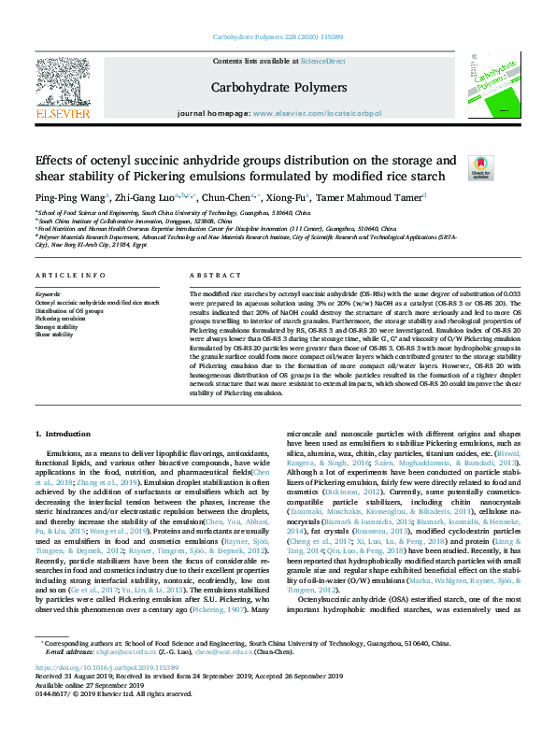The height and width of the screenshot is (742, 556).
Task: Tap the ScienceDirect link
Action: point(322,61)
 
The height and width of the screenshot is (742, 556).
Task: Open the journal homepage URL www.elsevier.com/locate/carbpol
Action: point(318,113)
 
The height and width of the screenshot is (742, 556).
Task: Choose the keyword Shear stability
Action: point(55,334)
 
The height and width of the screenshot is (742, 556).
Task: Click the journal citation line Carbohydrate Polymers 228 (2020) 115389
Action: point(278,39)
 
